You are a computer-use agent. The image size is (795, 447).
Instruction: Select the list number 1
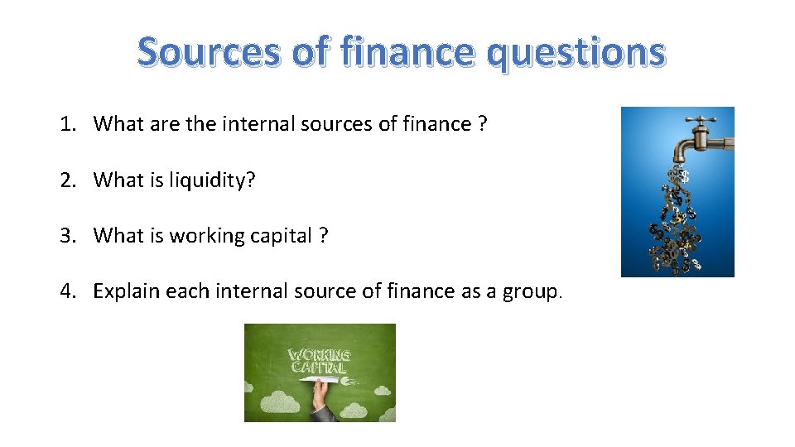point(66,124)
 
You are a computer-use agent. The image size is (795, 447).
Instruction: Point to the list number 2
point(66,180)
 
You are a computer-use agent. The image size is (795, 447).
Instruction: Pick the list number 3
point(66,236)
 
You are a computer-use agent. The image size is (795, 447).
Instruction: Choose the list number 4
point(66,291)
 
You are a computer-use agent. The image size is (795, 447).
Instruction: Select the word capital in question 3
point(279,236)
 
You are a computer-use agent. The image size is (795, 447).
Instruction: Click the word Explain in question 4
point(126,291)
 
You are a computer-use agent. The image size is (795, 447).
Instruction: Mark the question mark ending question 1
point(481,124)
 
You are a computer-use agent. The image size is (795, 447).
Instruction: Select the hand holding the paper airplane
point(320,401)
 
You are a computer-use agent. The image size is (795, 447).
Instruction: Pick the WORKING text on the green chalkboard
point(319,355)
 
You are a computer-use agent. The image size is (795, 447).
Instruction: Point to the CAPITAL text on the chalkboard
point(318,368)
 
